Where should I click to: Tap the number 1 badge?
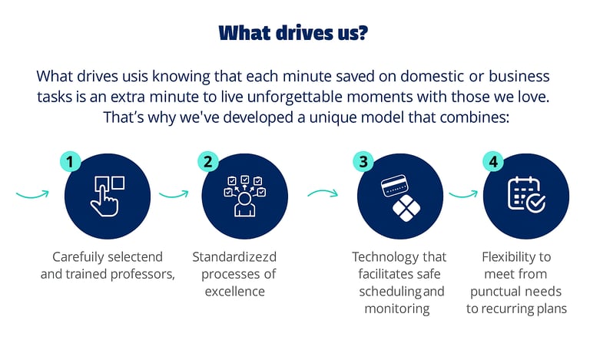(x=70, y=163)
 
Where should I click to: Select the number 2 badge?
(x=207, y=163)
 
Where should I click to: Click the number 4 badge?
(x=492, y=163)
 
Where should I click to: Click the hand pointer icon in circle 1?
(x=108, y=196)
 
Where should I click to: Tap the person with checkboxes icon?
(x=245, y=197)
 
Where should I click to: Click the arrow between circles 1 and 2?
(x=174, y=194)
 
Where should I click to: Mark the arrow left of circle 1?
(x=32, y=193)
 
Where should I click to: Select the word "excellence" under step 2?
(x=234, y=291)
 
